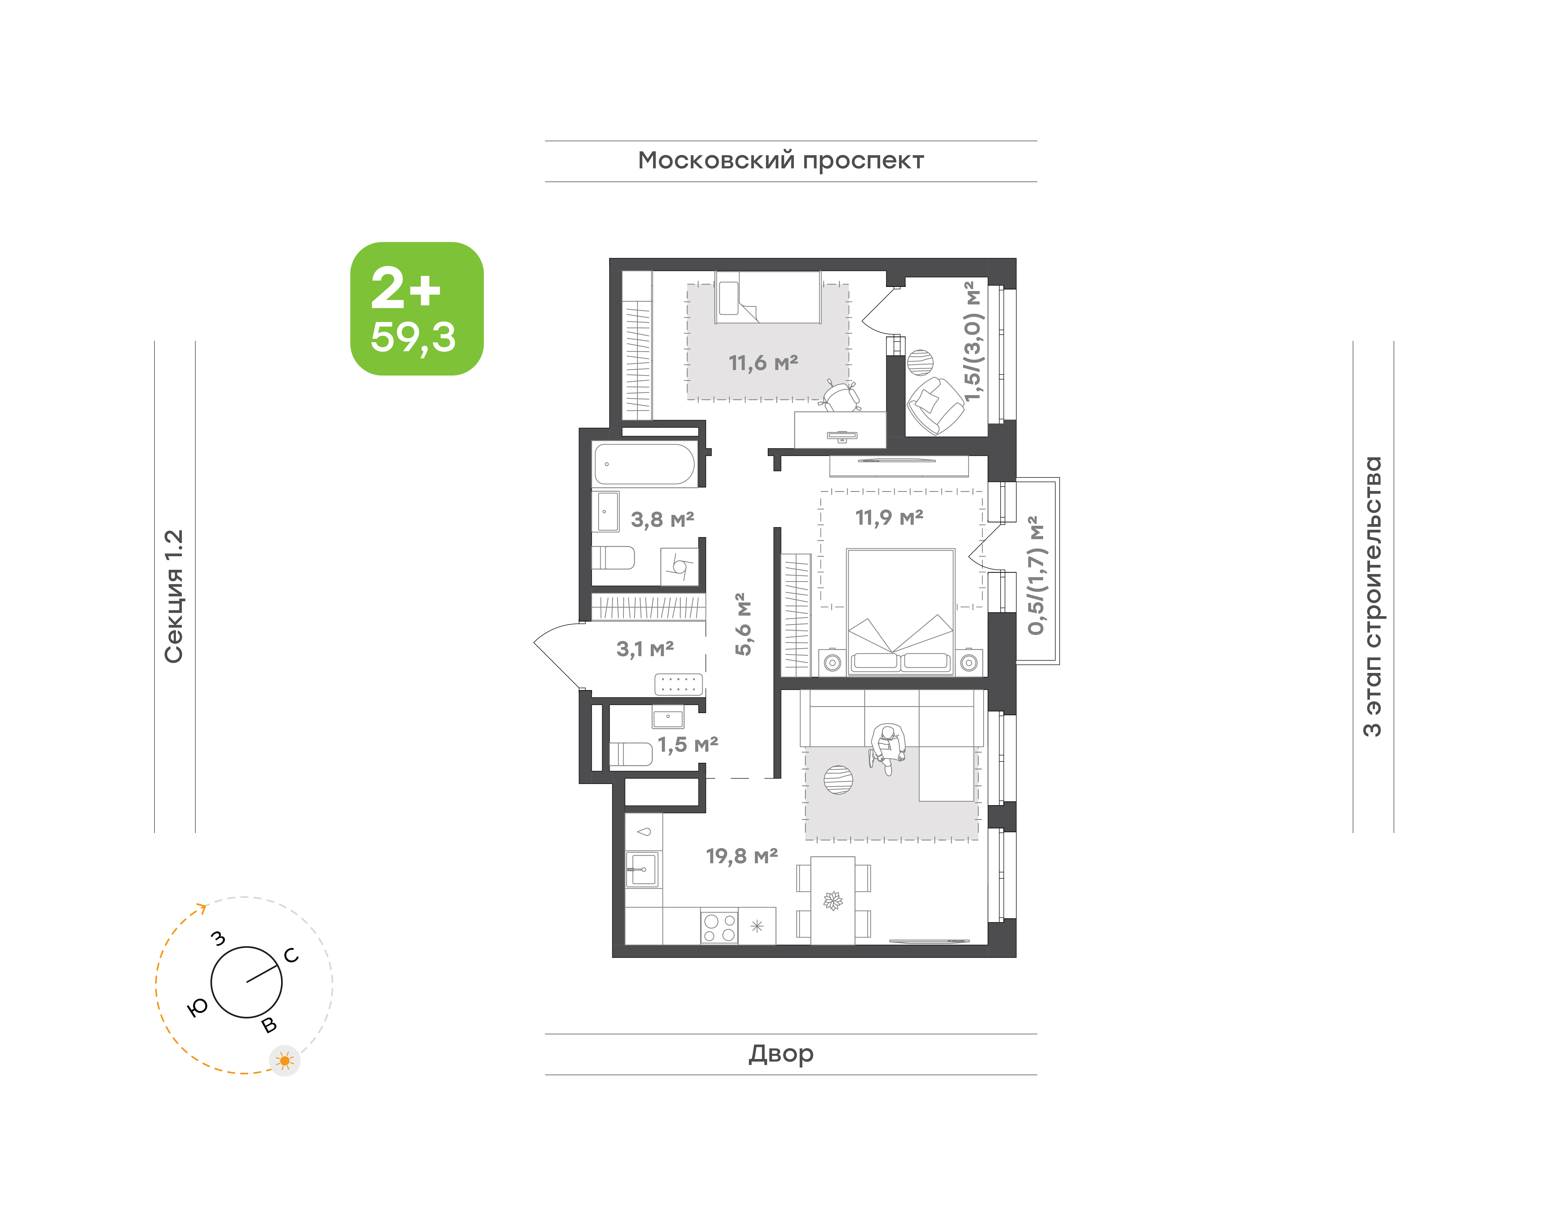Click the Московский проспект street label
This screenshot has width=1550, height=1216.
click(x=781, y=161)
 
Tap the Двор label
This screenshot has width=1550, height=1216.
click(x=781, y=1054)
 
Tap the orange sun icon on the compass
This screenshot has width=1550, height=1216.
click(x=285, y=1061)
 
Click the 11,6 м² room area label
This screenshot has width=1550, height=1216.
click(x=763, y=363)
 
